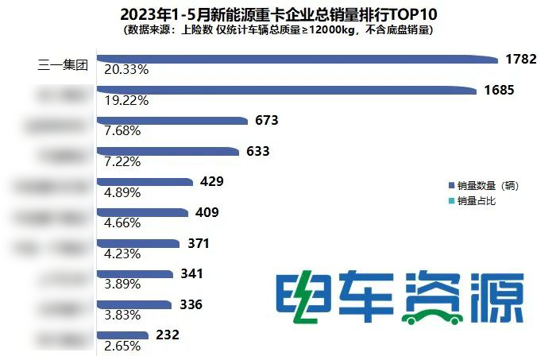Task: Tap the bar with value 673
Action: pos(171,121)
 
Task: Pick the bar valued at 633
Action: pos(167,151)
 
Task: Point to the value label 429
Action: pos(212,182)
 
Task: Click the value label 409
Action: pos(207,212)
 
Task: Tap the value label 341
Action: pos(192,274)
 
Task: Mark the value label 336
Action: pos(191,304)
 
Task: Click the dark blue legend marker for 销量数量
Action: pos(451,185)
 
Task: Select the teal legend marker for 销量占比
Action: pos(451,201)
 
